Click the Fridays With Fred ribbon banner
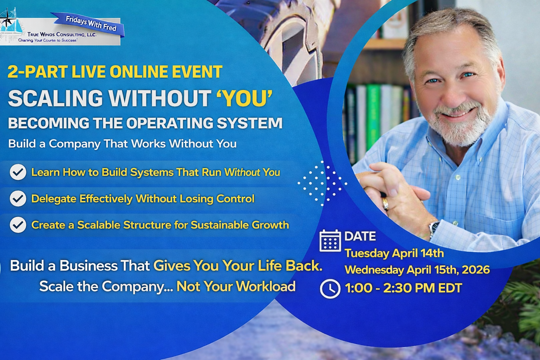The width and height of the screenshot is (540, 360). (89, 25)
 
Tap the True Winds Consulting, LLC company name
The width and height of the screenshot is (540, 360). (62, 34)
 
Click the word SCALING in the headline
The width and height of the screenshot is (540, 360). (56, 98)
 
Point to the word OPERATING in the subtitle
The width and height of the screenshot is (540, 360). (170, 123)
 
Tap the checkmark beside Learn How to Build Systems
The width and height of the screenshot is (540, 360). (18, 172)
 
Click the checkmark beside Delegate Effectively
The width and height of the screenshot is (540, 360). (18, 198)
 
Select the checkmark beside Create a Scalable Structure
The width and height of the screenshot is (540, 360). (18, 225)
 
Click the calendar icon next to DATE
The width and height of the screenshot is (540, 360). (330, 240)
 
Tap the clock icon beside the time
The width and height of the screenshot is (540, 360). (330, 289)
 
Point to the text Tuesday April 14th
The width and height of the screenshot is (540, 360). (394, 253)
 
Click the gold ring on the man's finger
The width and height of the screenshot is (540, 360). (386, 204)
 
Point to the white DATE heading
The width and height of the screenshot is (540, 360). (360, 236)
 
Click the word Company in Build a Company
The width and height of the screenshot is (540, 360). (75, 144)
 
